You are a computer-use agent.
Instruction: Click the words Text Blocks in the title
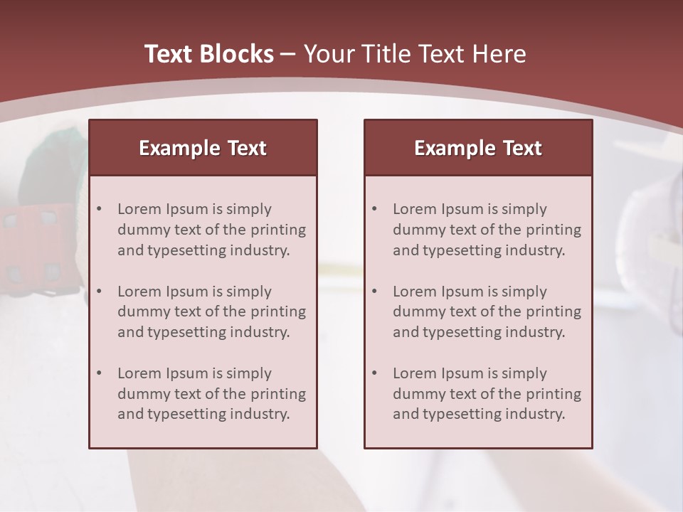tap(209, 54)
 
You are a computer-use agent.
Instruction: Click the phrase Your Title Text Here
tap(415, 54)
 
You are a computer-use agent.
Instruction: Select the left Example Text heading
tap(203, 148)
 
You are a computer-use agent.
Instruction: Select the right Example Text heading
tap(478, 148)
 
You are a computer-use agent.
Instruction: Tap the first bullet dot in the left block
tap(99, 209)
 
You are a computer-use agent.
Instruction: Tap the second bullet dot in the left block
tap(99, 292)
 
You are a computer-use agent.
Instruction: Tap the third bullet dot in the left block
tap(99, 373)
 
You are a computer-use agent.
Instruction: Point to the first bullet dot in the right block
tap(374, 209)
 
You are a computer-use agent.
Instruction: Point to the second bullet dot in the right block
tap(374, 292)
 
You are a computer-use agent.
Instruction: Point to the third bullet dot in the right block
tap(374, 373)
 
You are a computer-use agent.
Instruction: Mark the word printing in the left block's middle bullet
tap(278, 311)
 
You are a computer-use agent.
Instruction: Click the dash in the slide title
tap(288, 55)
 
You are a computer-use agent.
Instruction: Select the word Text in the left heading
tap(247, 148)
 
